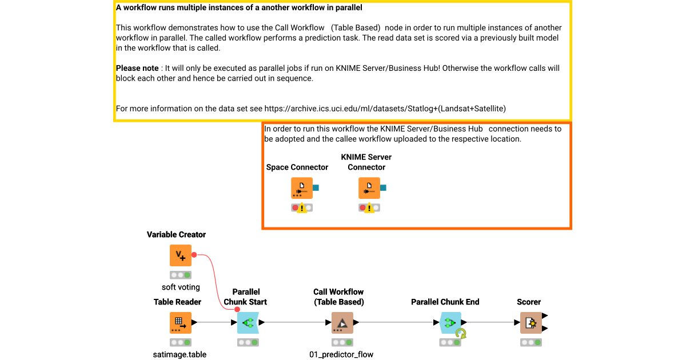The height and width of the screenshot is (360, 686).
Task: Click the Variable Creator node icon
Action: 181,255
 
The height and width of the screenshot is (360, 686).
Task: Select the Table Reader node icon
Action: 181,323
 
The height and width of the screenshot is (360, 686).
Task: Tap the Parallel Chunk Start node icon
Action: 248,323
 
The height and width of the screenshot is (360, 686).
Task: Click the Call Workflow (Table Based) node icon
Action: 342,323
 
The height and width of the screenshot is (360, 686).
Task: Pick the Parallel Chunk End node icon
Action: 450,323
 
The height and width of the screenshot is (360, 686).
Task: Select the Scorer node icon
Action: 531,323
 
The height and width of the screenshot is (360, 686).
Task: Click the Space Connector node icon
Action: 302,188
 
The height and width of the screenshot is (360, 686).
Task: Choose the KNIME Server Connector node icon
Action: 369,188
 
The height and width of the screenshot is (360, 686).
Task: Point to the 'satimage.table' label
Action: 180,354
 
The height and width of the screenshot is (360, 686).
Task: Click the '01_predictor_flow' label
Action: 341,354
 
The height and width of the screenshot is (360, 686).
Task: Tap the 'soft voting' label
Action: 181,287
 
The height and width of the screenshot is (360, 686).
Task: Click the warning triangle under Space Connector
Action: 302,208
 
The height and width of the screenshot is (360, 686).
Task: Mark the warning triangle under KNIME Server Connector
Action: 370,208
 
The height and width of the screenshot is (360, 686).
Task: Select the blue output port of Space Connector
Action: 316,187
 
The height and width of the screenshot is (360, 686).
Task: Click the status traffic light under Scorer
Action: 531,342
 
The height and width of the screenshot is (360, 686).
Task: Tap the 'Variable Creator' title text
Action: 176,234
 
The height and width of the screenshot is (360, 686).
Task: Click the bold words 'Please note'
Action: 137,68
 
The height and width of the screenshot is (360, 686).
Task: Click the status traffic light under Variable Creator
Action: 181,275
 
